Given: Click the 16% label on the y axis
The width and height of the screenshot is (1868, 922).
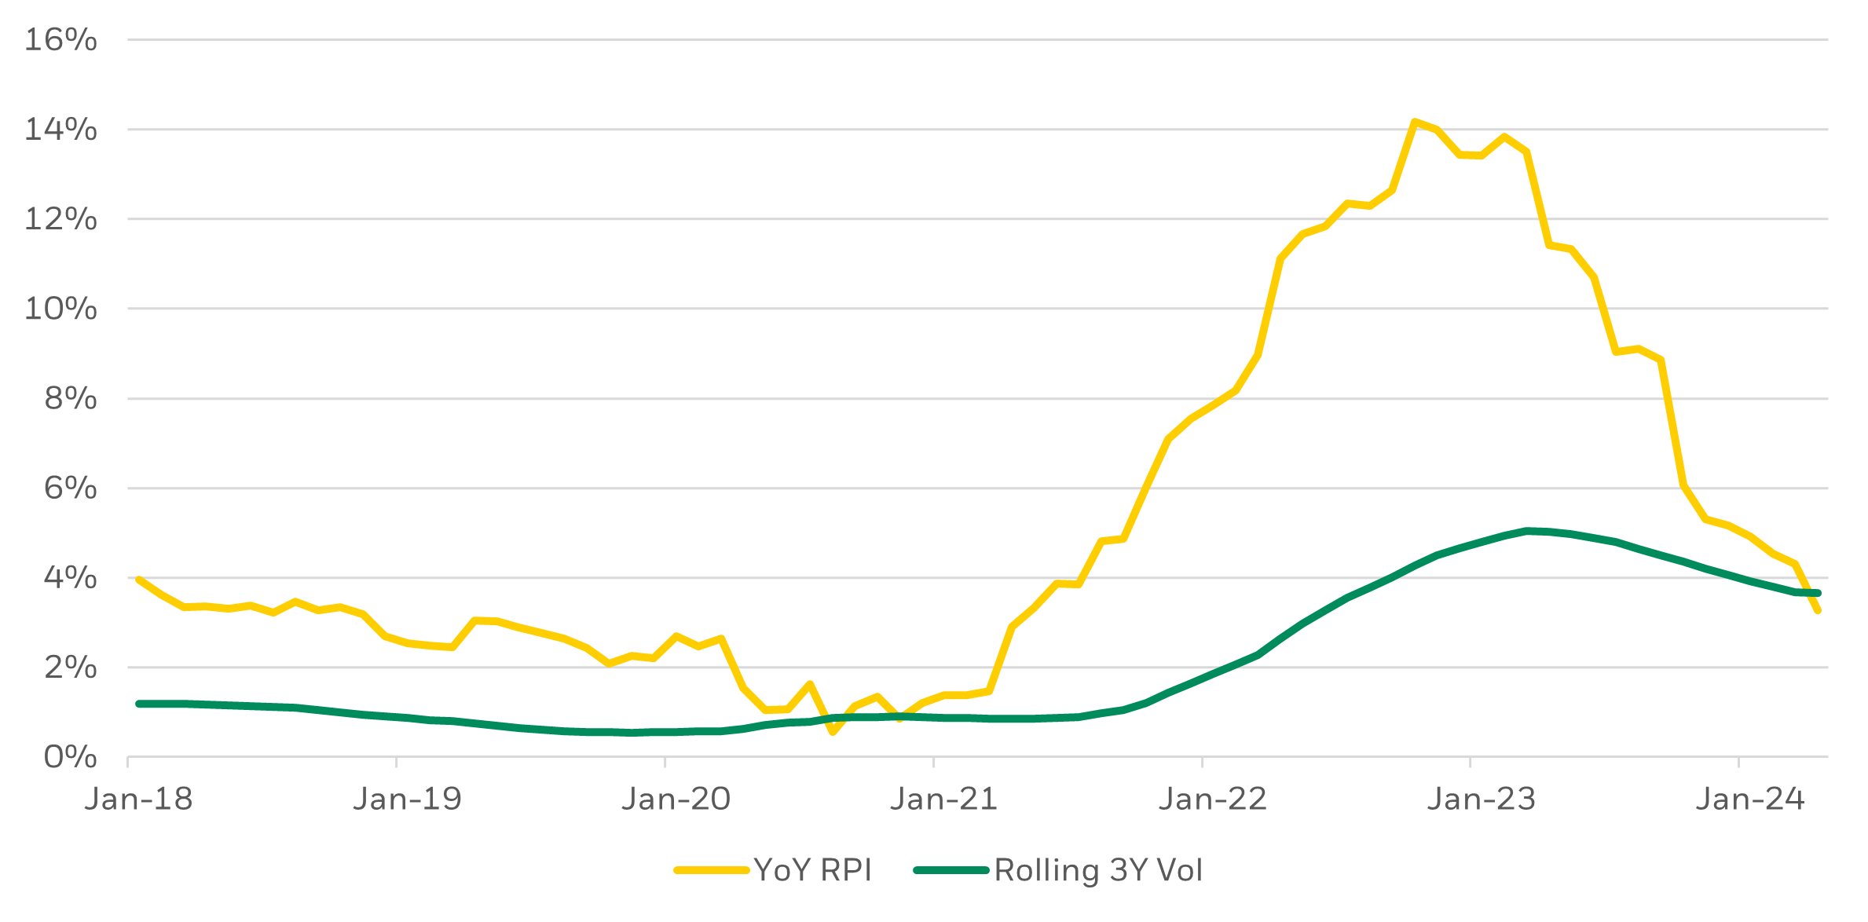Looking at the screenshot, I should [60, 39].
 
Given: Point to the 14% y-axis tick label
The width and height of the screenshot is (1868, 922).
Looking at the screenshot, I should [60, 129].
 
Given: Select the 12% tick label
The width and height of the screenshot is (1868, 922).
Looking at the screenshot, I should [60, 218].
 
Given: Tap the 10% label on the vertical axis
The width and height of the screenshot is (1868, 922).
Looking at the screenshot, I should [60, 308].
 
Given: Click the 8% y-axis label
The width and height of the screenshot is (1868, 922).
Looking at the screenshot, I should [70, 398].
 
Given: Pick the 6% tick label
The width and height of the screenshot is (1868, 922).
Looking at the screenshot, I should [70, 488].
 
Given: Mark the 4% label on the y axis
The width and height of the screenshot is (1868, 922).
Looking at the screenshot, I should [70, 577].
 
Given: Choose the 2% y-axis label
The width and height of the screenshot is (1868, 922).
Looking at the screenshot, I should [70, 667].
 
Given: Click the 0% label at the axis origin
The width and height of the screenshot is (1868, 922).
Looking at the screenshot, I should [70, 757].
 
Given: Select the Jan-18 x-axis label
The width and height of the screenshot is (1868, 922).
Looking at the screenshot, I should [138, 799].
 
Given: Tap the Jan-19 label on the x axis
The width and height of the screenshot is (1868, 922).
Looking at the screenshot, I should [407, 799].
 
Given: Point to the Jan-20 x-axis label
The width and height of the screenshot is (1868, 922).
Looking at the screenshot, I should [676, 799].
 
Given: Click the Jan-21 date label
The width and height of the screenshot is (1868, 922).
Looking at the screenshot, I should [943, 799].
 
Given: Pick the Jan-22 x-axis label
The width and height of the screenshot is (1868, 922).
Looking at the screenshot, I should [1212, 799].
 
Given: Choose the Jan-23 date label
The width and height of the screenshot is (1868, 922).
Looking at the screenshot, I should [1481, 799].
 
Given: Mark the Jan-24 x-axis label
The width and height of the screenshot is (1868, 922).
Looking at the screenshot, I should [1749, 799].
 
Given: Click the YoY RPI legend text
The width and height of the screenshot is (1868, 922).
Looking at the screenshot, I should [813, 870].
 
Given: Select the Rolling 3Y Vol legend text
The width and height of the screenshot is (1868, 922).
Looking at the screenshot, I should [1098, 870].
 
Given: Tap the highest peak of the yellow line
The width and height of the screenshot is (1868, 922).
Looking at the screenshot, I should [1414, 122].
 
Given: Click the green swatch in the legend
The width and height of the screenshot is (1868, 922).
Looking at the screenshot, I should [951, 870].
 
